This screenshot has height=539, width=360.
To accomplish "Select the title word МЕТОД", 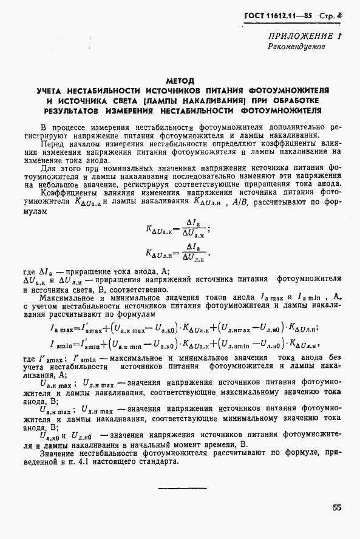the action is pos(180,80).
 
